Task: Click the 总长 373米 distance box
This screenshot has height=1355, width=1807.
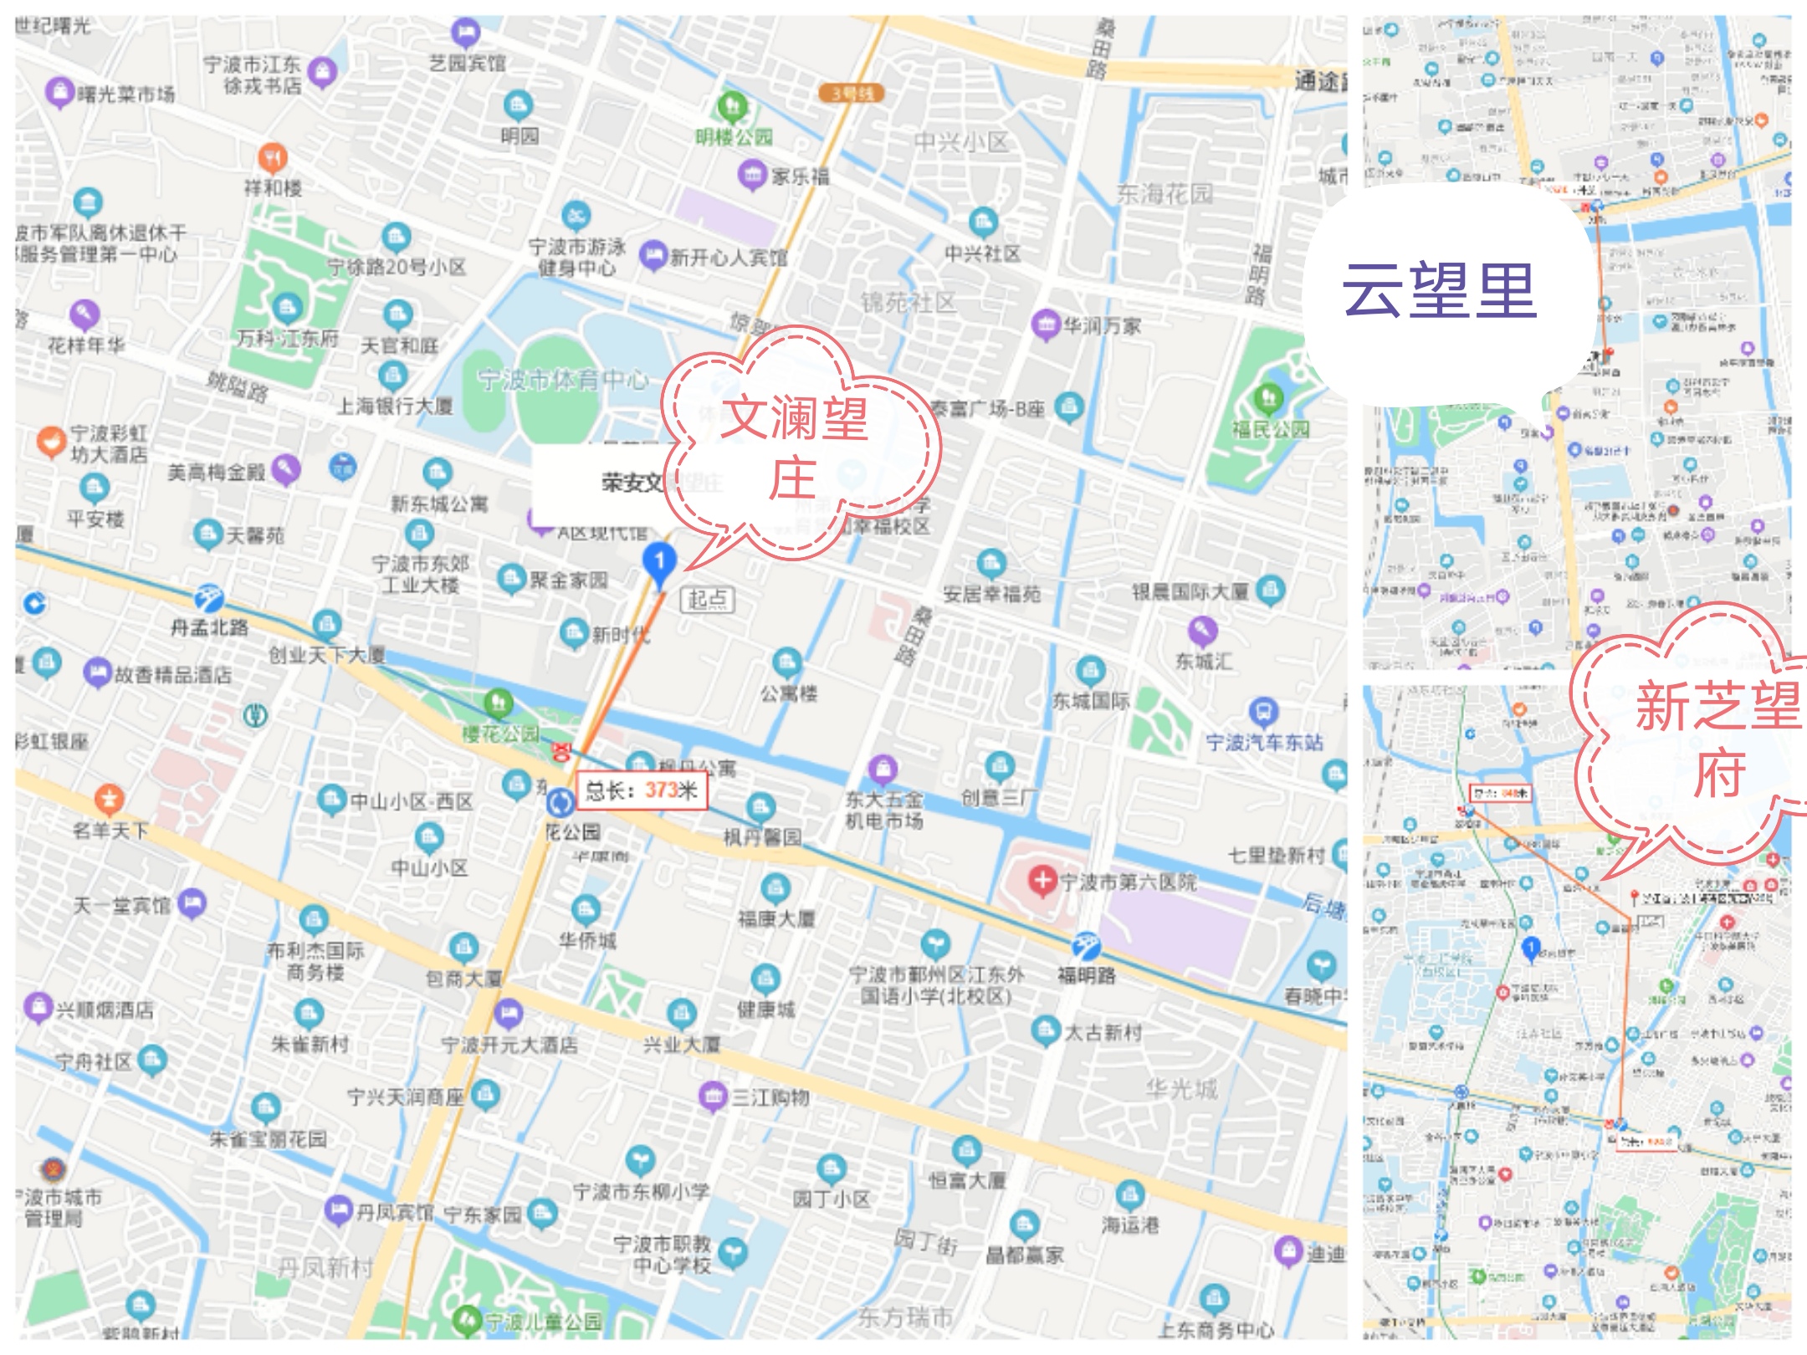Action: click(642, 790)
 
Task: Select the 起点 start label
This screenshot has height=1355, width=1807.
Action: click(708, 599)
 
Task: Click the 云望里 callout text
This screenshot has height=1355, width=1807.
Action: click(1439, 291)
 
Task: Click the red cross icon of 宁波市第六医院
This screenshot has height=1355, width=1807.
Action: click(1042, 880)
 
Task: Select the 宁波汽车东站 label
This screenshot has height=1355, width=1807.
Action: click(1264, 742)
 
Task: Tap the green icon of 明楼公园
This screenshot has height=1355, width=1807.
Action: click(734, 106)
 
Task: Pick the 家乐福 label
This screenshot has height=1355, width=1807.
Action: click(800, 176)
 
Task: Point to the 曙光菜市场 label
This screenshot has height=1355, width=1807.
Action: click(125, 94)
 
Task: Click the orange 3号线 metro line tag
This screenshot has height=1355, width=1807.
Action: click(852, 93)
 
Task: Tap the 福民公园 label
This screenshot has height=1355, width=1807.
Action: click(1270, 429)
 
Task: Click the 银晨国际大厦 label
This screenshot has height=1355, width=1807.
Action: click(1190, 592)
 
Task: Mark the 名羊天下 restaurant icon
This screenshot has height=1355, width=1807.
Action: click(109, 800)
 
